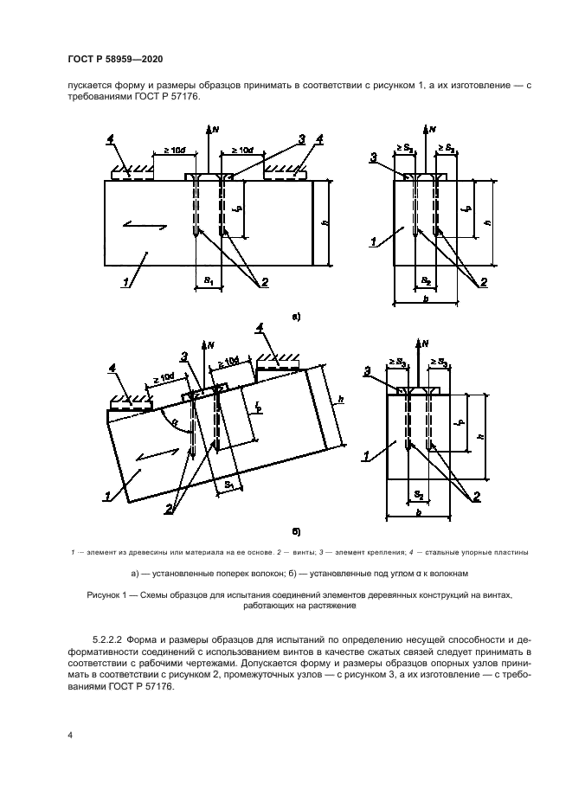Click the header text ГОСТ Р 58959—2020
pyautogui.click(x=114, y=58)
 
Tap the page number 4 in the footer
pyautogui.click(x=69, y=735)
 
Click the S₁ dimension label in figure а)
pyautogui.click(x=208, y=280)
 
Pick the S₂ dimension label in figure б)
pyautogui.click(x=418, y=494)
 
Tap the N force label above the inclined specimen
pyautogui.click(x=213, y=345)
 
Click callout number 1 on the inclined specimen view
pyautogui.click(x=108, y=496)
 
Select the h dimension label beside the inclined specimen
pyautogui.click(x=341, y=401)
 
